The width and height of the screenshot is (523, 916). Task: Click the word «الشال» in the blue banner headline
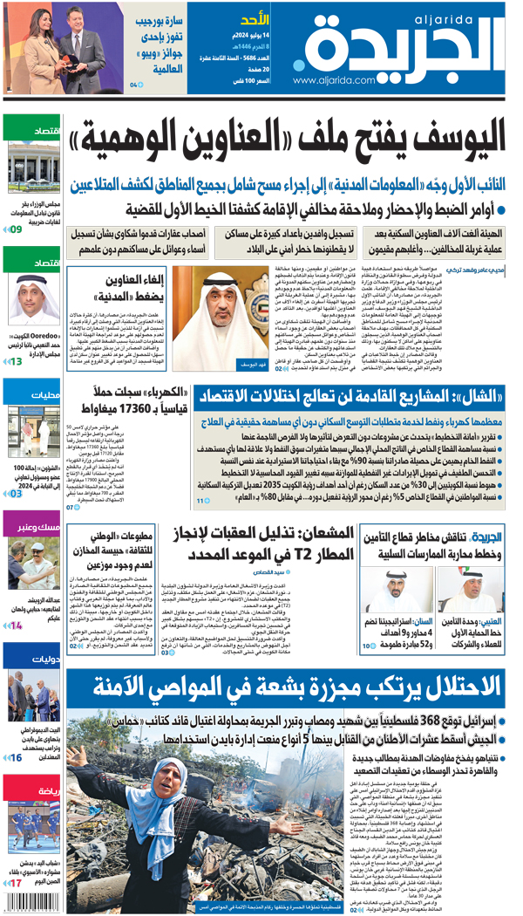[468, 398]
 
